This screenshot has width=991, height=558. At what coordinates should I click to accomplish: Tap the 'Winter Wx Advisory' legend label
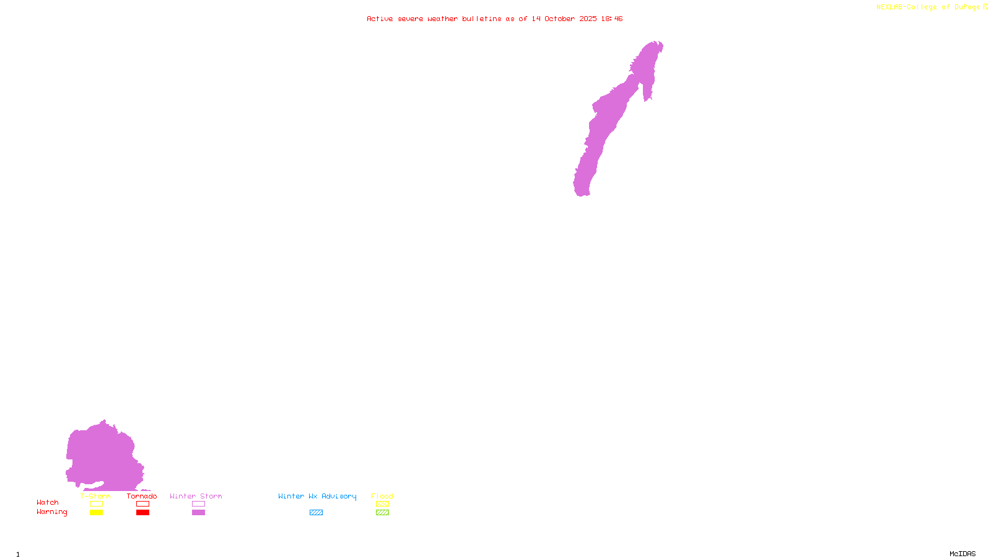[x=317, y=496]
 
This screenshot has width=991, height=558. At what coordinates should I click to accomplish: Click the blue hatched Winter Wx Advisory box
[x=316, y=513]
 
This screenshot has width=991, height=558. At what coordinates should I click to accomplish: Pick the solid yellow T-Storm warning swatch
[x=96, y=513]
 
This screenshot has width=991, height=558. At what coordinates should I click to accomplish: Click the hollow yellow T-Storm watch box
[x=96, y=504]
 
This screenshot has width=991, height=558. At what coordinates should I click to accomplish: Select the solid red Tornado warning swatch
[x=142, y=513]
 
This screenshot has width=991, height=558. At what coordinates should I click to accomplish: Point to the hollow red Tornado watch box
[x=142, y=504]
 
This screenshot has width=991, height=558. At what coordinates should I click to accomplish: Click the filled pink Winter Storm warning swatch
[x=198, y=513]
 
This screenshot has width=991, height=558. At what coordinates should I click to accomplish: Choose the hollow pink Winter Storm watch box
[x=198, y=504]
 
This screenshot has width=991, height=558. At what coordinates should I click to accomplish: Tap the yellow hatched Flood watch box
[x=382, y=504]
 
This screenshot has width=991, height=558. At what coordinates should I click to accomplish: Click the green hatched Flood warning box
[x=382, y=513]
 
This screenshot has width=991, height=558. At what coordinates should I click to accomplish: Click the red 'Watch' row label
[x=48, y=502]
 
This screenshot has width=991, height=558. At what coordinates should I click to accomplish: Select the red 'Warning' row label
[x=51, y=512]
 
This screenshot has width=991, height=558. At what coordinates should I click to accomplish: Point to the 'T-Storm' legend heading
[x=95, y=496]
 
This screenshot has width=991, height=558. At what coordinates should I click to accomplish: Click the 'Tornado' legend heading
[x=142, y=496]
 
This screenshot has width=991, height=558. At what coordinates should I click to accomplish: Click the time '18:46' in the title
[x=611, y=19]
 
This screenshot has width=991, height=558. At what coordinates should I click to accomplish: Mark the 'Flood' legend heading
[x=382, y=496]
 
